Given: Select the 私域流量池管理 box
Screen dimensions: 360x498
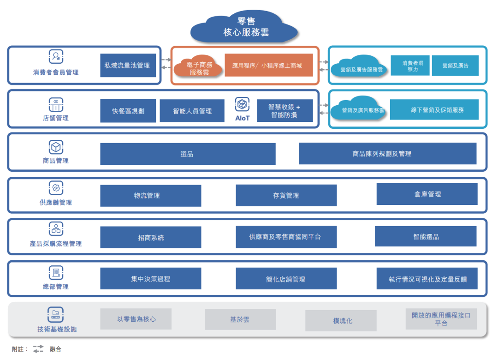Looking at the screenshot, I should point(128,66).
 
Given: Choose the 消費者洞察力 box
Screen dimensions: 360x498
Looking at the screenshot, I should point(409,66).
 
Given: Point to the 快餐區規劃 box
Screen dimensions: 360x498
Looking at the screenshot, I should point(128,111).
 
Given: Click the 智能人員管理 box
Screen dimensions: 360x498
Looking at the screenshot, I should point(192,111).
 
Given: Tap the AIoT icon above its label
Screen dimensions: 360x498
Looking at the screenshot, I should point(242,104).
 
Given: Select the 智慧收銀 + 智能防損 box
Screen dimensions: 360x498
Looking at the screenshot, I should point(285,111).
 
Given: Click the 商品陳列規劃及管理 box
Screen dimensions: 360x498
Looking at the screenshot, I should point(387,154).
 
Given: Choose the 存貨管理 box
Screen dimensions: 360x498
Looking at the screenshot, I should point(286,196).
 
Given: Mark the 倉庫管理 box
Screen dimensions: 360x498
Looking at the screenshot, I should point(427,194).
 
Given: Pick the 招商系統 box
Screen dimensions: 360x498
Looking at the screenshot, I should point(151,237).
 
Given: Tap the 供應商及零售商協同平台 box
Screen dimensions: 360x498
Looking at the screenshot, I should point(286,237).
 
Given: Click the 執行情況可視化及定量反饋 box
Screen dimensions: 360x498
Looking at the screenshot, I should point(427,279).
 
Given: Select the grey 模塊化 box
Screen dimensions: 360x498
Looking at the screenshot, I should point(341,321).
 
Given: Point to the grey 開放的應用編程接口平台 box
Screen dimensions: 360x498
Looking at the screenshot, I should point(441,319).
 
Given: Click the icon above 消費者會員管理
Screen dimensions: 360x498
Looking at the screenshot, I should point(56,57).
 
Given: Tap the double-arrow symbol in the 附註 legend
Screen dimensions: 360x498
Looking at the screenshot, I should point(38,348).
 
